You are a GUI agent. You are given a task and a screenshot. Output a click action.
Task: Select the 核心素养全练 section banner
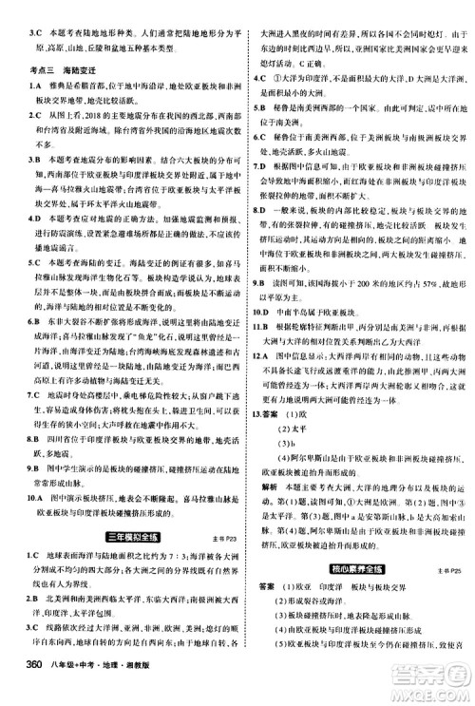point(361,568)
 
